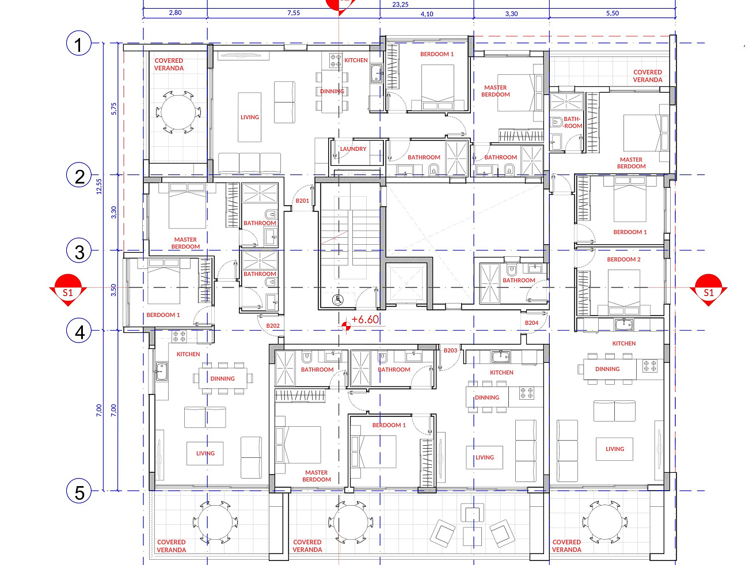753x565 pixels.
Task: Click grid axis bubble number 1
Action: click(78, 44)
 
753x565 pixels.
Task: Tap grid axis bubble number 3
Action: click(79, 251)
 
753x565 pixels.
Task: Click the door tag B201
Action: click(302, 200)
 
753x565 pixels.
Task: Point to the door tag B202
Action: click(273, 325)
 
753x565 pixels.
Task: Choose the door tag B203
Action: click(450, 350)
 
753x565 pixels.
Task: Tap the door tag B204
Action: click(531, 323)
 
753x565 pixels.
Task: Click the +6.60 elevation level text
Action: click(365, 320)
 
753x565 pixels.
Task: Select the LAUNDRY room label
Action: click(353, 149)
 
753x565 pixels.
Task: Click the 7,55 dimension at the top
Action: click(294, 13)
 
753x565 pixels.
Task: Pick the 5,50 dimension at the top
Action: click(613, 13)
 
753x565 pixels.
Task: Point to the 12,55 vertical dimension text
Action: click(99, 186)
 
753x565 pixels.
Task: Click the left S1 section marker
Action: click(68, 290)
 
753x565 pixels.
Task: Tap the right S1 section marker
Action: click(709, 290)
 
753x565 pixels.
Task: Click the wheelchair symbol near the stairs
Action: click(338, 300)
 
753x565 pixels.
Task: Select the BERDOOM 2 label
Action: click(623, 259)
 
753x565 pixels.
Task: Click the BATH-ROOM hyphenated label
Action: click(572, 123)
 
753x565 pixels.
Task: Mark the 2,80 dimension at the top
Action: click(176, 13)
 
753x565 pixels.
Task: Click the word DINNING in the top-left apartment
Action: click(332, 91)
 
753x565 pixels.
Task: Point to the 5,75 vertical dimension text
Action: click(114, 109)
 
